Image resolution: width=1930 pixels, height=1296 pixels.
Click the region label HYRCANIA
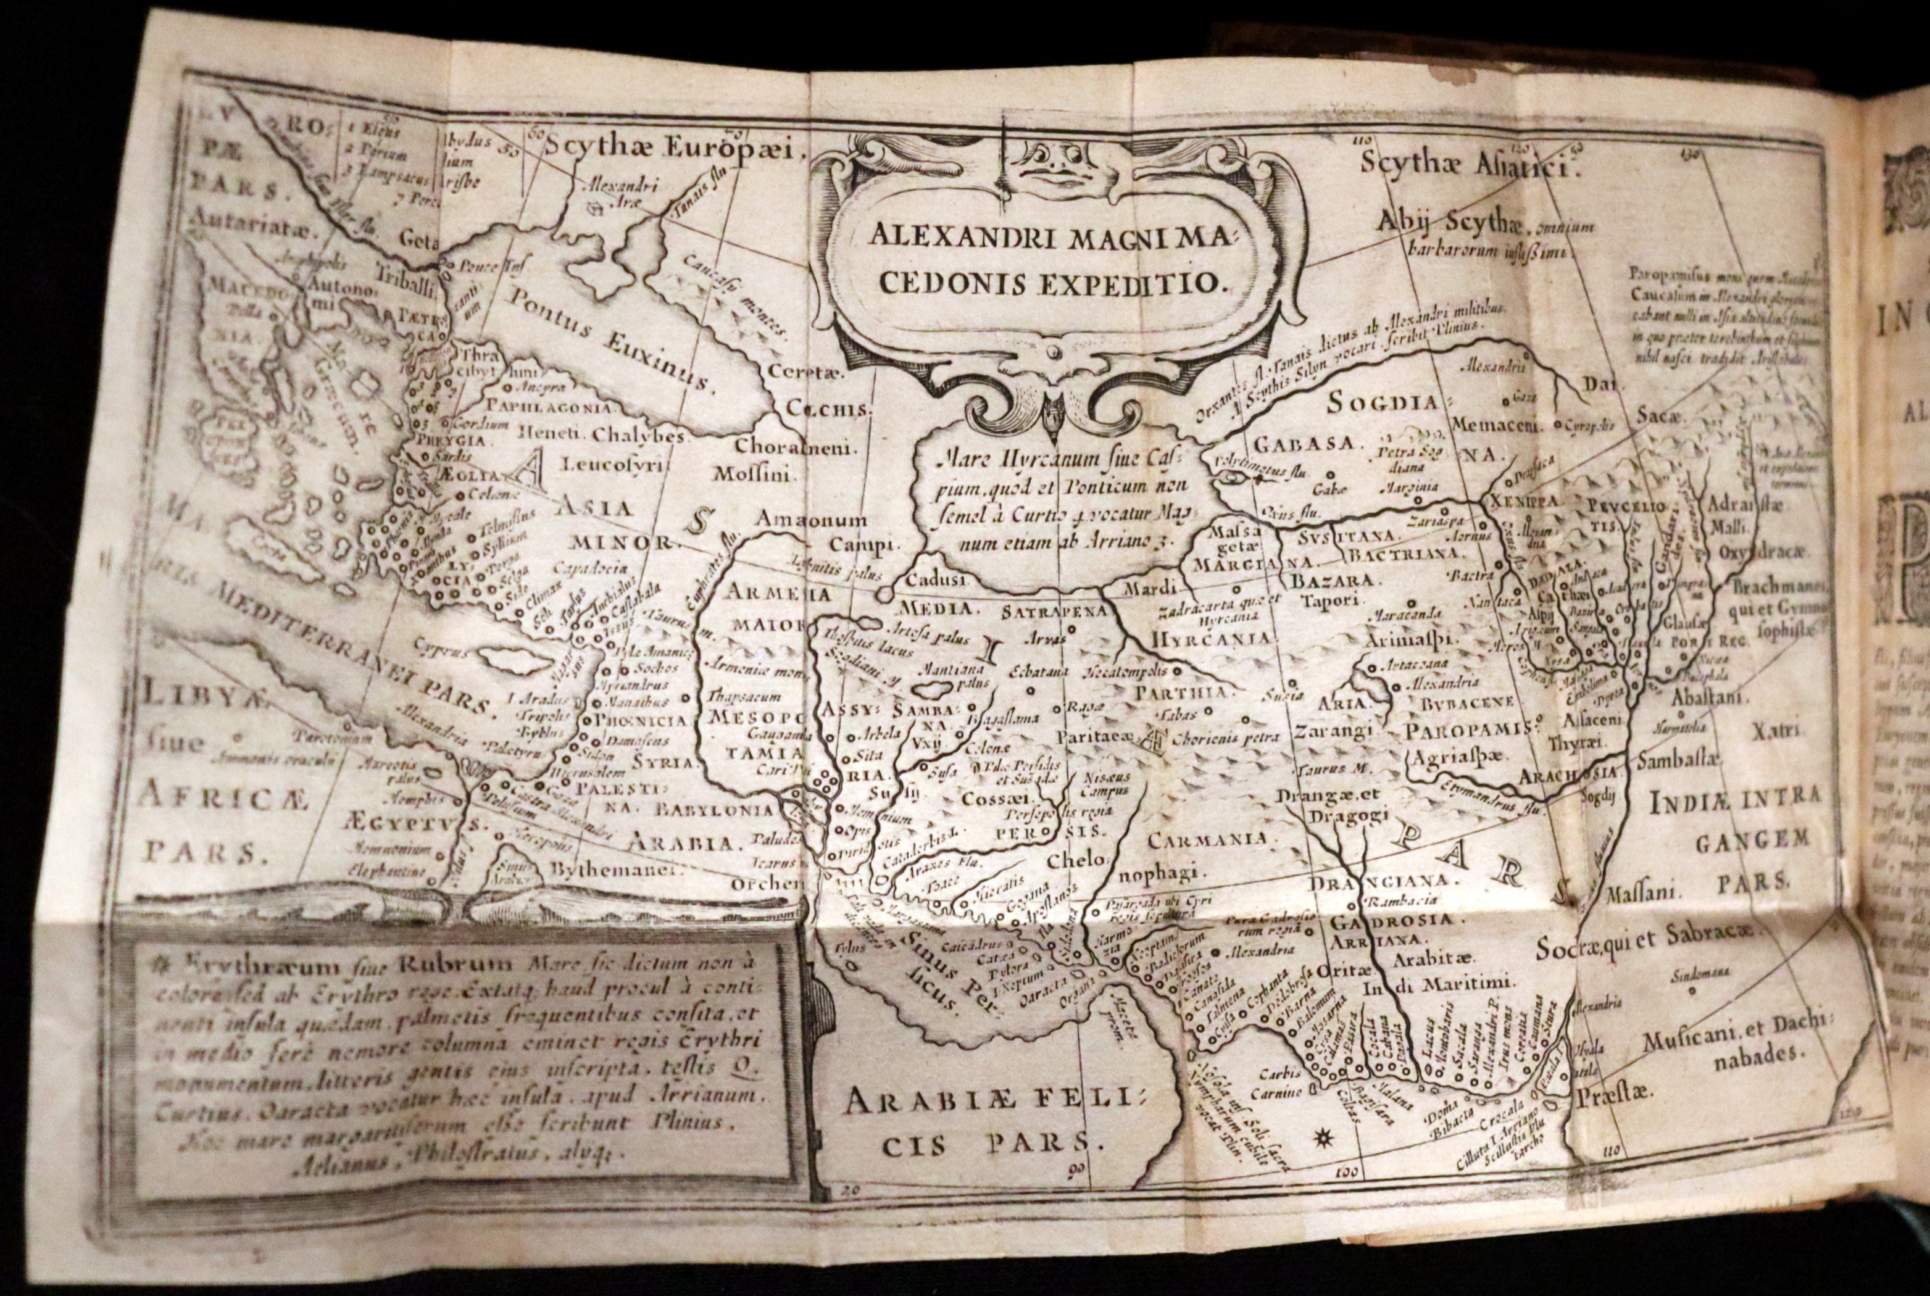1211,639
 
